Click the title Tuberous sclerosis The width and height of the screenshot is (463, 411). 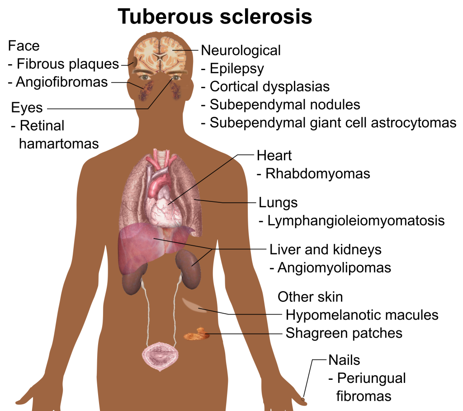pyautogui.click(x=215, y=16)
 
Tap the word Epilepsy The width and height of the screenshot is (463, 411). pyautogui.click(x=237, y=69)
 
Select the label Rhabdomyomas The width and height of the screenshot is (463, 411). pyautogui.click(x=318, y=174)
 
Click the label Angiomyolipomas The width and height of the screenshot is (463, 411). pyautogui.click(x=334, y=268)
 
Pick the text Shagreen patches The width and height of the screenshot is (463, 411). pyautogui.click(x=344, y=334)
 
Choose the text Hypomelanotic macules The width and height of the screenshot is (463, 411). pyautogui.click(x=362, y=315)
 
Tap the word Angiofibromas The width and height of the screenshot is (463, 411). pyautogui.click(x=61, y=82)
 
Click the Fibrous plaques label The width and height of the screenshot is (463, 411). pyautogui.click(x=68, y=64)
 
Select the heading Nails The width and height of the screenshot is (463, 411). pyautogui.click(x=344, y=360)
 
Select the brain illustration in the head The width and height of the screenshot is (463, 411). pyautogui.click(x=160, y=55)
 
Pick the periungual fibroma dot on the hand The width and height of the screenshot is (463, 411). pyautogui.click(x=303, y=400)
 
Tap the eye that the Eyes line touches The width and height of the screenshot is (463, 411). pyautogui.click(x=176, y=78)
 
